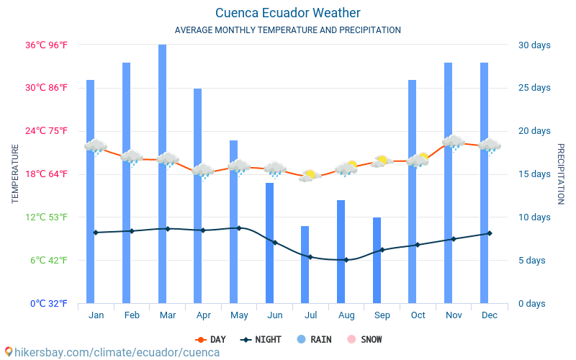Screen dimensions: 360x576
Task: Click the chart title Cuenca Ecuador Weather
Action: [x=287, y=13]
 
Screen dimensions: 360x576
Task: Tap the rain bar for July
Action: [x=305, y=264]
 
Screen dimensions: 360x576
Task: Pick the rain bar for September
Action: [x=377, y=260]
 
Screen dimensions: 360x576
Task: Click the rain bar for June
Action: [x=269, y=243]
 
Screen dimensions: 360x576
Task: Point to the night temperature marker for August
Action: [x=346, y=260]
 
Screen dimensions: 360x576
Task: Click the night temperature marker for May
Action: [x=239, y=228]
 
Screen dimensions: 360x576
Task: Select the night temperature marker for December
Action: [x=490, y=233]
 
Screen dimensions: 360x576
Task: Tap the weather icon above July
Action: [x=310, y=175]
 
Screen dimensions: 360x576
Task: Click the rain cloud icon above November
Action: [x=454, y=142]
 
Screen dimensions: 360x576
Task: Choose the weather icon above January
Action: [x=95, y=147]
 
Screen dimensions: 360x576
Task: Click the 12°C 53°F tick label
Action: [x=49, y=217]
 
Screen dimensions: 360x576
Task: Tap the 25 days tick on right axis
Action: [x=534, y=88]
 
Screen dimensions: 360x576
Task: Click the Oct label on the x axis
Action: [x=418, y=315]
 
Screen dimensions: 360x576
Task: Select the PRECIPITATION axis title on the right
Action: [x=561, y=174]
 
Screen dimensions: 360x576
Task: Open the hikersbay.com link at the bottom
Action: [x=112, y=353]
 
